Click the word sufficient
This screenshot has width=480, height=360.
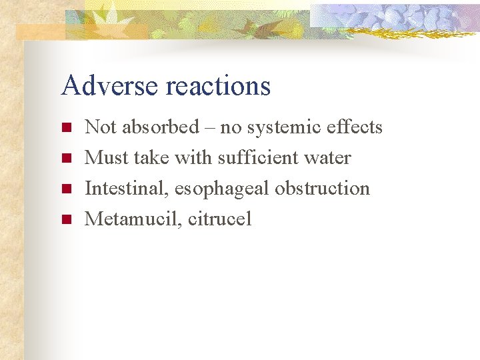[260, 157]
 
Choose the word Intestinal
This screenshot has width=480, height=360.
[126, 188]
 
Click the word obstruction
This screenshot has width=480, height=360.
[323, 188]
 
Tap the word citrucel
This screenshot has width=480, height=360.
[220, 219]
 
